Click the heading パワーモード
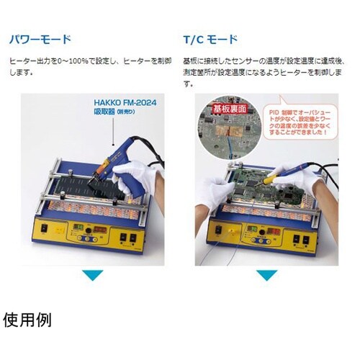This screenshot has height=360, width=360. [40, 37]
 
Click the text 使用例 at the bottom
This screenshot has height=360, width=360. [28, 319]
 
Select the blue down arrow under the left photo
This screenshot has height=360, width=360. [93, 275]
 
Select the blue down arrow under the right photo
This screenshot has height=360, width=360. [267, 275]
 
